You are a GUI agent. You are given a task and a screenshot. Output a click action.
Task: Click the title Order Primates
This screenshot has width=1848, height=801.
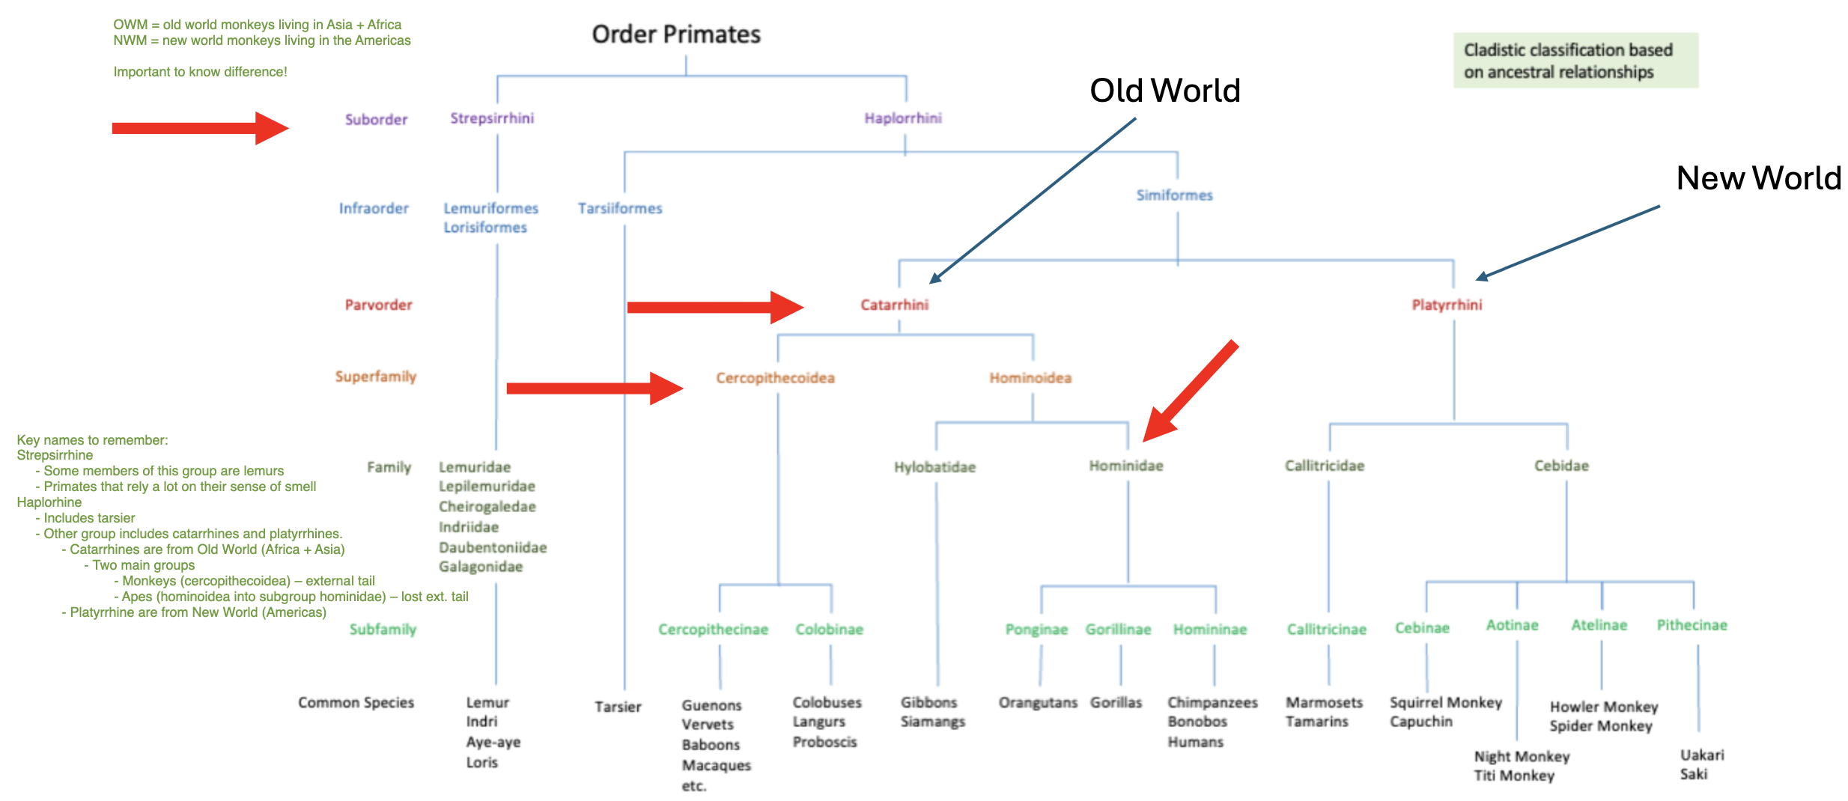[x=676, y=34]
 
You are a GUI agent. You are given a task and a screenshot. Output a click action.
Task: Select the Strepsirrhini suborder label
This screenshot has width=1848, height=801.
[x=492, y=118]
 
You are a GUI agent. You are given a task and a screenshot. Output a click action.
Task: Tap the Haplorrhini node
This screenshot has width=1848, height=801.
[x=903, y=118]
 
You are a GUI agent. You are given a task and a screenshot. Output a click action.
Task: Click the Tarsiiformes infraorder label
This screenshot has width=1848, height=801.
[x=620, y=208]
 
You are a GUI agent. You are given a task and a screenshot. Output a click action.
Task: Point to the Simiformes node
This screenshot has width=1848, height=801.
[x=1174, y=195]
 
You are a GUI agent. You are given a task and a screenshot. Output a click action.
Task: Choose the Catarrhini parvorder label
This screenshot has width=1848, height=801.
[x=894, y=305]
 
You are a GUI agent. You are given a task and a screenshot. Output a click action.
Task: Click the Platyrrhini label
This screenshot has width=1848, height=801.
[x=1447, y=305]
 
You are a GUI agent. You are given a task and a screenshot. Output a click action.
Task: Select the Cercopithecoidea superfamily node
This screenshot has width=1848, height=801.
[x=775, y=378]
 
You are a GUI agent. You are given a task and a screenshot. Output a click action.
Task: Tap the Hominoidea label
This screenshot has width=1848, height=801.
[x=1030, y=378]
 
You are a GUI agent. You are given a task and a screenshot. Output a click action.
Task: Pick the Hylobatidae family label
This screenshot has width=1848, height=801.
[x=934, y=467]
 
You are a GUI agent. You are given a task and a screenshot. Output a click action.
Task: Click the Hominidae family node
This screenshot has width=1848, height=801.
[x=1126, y=466]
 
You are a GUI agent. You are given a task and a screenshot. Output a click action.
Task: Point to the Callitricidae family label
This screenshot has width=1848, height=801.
[x=1325, y=466]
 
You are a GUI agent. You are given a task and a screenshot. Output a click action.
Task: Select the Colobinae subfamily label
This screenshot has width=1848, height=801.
[x=829, y=630]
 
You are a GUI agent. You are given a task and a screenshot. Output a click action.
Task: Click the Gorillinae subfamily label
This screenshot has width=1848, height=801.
[x=1118, y=630]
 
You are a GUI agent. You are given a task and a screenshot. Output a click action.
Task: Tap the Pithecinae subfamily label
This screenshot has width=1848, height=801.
[x=1692, y=625]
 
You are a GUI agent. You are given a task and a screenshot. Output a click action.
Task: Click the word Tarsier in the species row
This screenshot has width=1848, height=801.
[x=618, y=707]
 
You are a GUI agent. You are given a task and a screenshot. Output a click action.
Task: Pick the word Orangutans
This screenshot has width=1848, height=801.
[x=1038, y=703]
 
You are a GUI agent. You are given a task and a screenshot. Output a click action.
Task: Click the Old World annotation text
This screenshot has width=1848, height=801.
[x=1165, y=91]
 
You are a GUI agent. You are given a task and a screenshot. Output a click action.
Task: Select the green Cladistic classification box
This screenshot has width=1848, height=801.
[x=1575, y=61]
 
